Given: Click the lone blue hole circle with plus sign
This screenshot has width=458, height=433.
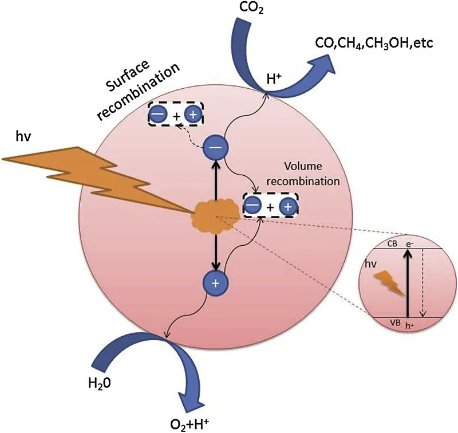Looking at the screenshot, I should click(216, 282).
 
